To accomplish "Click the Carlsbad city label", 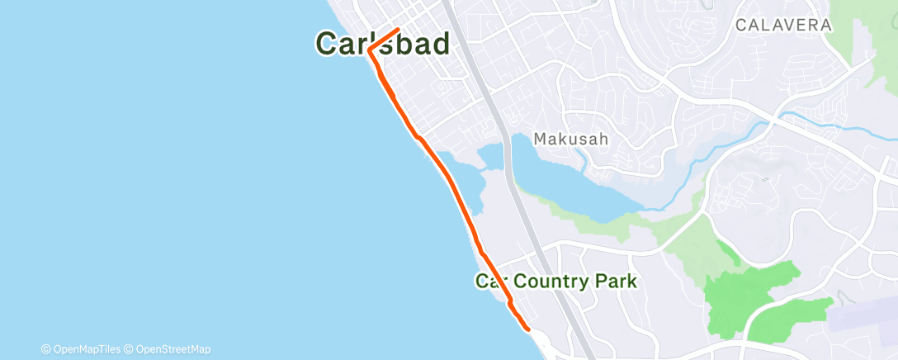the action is tap(383, 44).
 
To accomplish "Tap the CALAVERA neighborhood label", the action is tap(782, 26).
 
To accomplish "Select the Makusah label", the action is tap(570, 140).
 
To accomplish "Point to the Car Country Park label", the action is tap(556, 282).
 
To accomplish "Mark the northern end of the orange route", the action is tap(399, 30).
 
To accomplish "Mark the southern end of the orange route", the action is tap(528, 329).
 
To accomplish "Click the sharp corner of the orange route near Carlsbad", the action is tap(370, 50).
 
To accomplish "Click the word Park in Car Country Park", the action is tap(616, 282).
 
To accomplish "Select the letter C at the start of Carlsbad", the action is tap(327, 44).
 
